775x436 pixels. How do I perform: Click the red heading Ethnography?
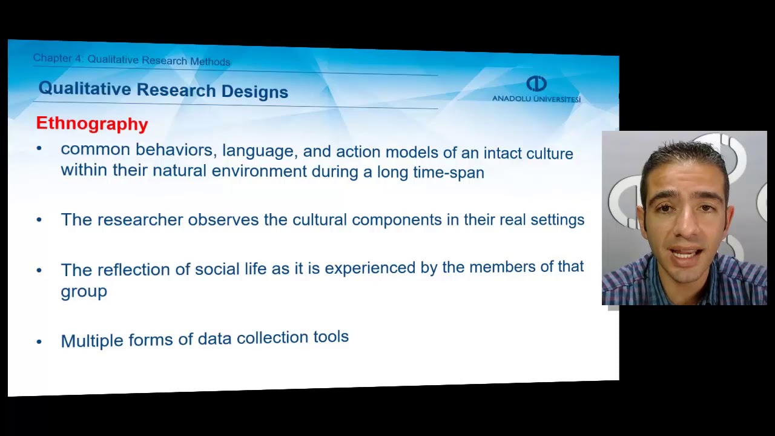coord(92,124)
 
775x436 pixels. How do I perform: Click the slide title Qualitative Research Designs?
coord(163,90)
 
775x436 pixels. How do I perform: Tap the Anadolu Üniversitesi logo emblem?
coord(536,84)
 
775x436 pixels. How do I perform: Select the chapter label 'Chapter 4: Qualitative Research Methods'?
coord(131,60)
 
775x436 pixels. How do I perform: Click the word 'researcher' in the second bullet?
coord(140,220)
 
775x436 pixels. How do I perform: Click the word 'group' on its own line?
coord(84,291)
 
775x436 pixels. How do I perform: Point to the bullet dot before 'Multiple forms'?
coord(39,342)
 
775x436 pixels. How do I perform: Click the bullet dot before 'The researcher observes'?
coord(39,220)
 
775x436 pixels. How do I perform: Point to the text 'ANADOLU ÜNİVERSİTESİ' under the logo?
coord(536,99)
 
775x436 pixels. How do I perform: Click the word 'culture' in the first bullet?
coord(549,153)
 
